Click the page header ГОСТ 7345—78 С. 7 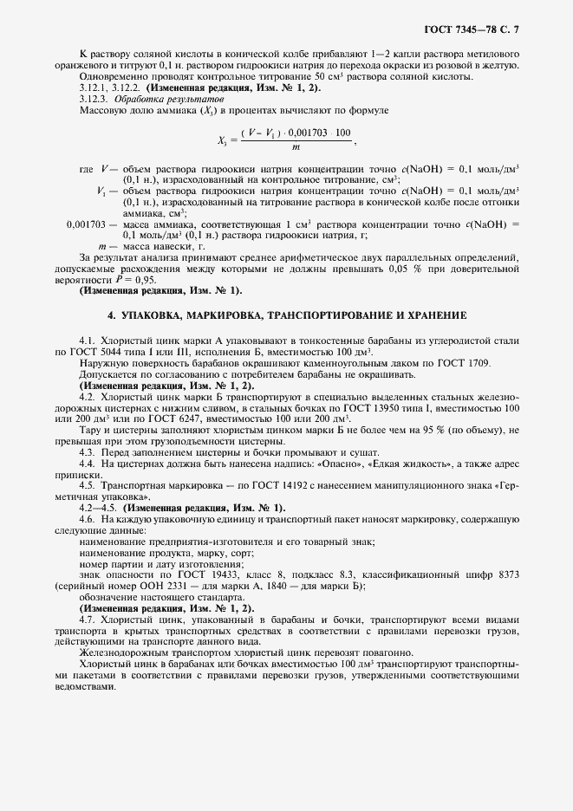482,30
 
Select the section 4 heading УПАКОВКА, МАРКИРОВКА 287,314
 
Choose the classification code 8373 508,575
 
